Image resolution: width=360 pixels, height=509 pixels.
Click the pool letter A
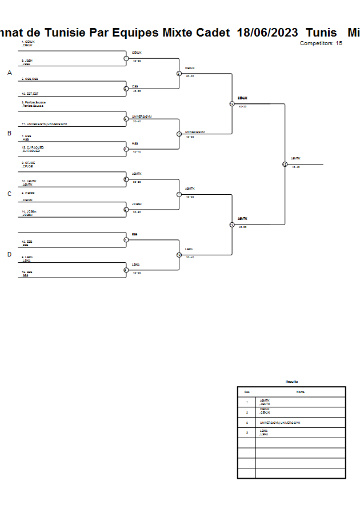tap(9, 73)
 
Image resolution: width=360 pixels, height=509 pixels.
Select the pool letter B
tap(9, 133)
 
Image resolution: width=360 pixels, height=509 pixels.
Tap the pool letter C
tap(9, 194)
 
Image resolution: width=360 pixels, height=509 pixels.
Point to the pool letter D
tap(9, 254)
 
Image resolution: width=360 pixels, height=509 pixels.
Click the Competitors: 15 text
tap(321, 43)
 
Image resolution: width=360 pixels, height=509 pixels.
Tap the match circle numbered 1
tap(126, 58)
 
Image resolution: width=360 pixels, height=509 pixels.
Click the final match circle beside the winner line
tap(285, 164)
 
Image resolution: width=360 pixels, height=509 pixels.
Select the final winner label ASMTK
tap(295, 158)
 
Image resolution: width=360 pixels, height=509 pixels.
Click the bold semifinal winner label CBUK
tap(242, 98)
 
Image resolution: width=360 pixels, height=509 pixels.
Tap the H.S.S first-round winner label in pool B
tap(135, 143)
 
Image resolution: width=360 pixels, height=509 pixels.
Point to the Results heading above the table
tap(291, 382)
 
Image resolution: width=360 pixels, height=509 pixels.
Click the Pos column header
tap(246, 392)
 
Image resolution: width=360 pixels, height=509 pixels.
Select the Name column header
tap(300, 392)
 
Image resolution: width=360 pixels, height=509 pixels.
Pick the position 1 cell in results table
tap(246, 402)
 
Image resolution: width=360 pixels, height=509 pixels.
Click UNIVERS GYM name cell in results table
tap(280, 423)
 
